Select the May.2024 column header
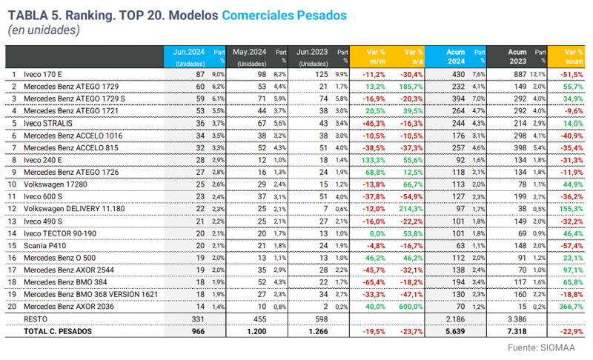[249, 53]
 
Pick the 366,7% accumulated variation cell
[569, 306]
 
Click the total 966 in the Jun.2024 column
[196, 331]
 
